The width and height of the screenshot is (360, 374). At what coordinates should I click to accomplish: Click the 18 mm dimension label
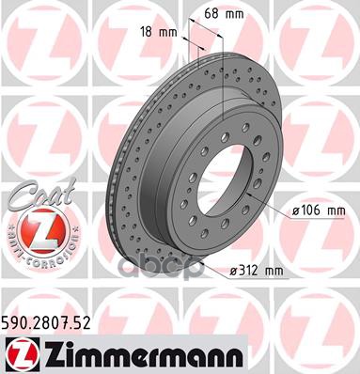156,34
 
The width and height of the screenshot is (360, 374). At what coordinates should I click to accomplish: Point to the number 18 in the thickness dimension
147,34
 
